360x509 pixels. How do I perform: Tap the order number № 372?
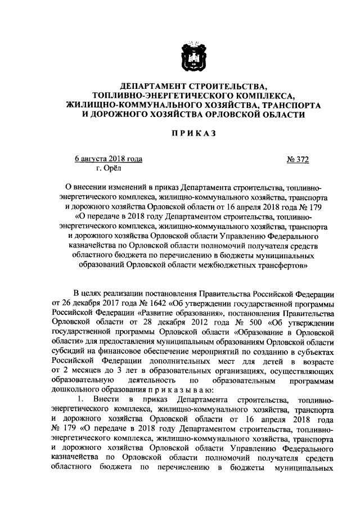(x=298, y=160)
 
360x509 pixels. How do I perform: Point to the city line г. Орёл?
(x=108, y=168)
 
